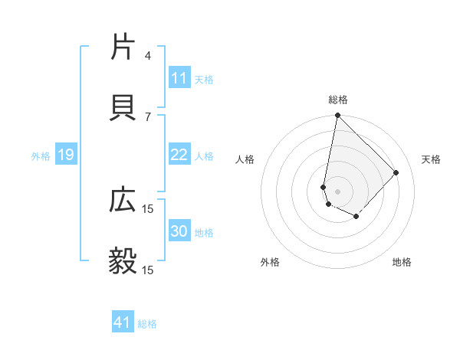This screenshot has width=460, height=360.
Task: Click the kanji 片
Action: click(x=123, y=47)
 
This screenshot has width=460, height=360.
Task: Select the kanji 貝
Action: click(x=123, y=108)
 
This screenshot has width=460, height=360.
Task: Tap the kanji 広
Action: click(x=123, y=201)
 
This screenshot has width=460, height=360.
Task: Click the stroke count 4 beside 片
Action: click(x=148, y=55)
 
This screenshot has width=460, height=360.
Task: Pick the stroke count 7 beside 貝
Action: click(x=148, y=116)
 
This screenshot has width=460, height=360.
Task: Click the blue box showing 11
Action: click(x=179, y=78)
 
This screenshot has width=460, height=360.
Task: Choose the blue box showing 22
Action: click(x=179, y=155)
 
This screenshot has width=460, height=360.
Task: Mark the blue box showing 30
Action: click(x=179, y=231)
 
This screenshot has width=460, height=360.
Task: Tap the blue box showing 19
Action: click(x=65, y=155)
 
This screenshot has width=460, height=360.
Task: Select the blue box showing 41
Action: click(x=123, y=322)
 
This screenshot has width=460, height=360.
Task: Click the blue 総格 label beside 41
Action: click(x=148, y=324)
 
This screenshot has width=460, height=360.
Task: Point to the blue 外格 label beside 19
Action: click(x=41, y=156)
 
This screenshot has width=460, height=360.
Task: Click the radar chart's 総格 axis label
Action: click(x=338, y=100)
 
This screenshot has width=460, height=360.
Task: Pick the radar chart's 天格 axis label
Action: click(x=432, y=159)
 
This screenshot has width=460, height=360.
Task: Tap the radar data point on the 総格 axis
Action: click(x=337, y=116)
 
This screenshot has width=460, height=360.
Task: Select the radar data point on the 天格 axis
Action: click(x=396, y=172)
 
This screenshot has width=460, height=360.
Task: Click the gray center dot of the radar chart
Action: click(x=337, y=191)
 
